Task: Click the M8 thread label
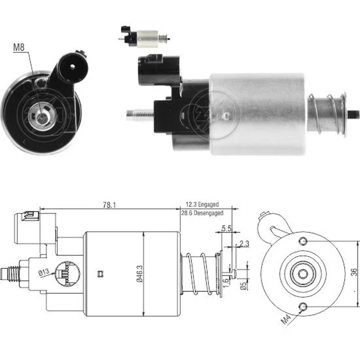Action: [x=19, y=48]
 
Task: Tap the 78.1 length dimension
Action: [x=109, y=205]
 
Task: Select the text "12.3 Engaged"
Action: [x=202, y=204]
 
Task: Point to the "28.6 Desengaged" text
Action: [x=202, y=213]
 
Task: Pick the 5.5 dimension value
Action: [x=226, y=229]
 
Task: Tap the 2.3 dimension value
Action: [x=244, y=244]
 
